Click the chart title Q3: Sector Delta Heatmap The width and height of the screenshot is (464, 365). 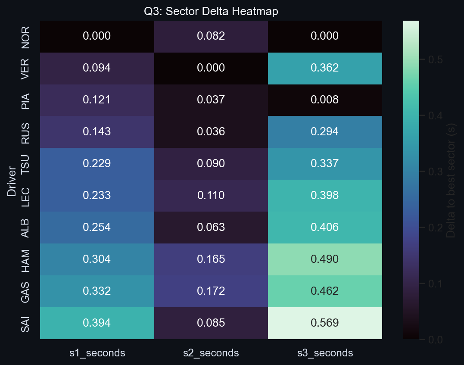(211, 12)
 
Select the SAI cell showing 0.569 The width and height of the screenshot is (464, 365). (325, 323)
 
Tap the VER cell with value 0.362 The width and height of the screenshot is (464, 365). (325, 68)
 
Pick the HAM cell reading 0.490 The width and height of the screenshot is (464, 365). (325, 259)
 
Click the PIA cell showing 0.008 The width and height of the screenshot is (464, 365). (325, 100)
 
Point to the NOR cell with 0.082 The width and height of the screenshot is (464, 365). (211, 36)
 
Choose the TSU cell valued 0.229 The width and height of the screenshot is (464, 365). (97, 164)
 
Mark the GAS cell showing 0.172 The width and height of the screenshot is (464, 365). (211, 291)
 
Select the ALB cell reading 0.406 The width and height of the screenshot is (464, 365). (325, 227)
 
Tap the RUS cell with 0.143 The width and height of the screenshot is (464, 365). (97, 132)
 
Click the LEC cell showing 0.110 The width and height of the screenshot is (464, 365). (211, 195)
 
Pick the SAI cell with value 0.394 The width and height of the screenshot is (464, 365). (97, 323)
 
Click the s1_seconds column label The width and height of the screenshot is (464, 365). (97, 353)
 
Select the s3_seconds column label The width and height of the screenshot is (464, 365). (325, 353)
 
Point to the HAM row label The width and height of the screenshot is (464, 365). (25, 259)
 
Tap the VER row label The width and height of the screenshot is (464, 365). (25, 68)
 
